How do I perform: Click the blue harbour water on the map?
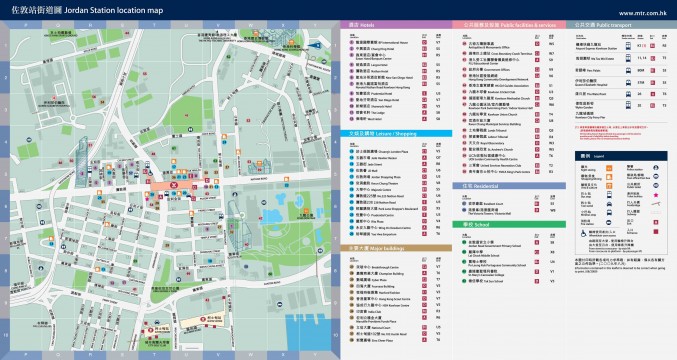tap(300, 320)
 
